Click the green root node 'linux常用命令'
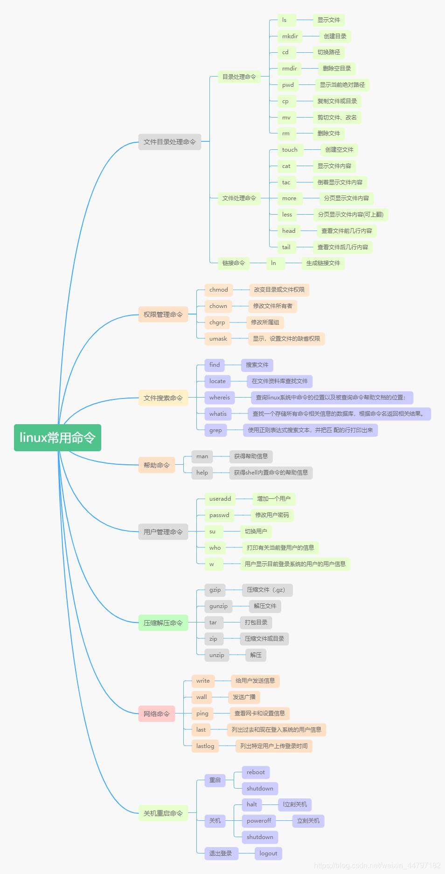[x=57, y=438]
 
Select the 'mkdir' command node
[x=290, y=36]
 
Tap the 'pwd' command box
[x=288, y=85]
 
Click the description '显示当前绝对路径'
[x=342, y=85]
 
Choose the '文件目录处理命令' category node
[x=169, y=142]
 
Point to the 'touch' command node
[x=290, y=150]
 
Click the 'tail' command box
[x=286, y=247]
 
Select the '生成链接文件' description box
[x=323, y=263]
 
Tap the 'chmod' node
[x=218, y=290]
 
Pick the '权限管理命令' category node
[x=163, y=315]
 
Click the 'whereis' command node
[x=219, y=398]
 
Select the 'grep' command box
[x=216, y=430]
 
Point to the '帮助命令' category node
[x=156, y=465]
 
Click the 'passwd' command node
[x=219, y=515]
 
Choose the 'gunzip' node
[x=218, y=606]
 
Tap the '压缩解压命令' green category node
[x=163, y=623]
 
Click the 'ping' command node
[x=202, y=713]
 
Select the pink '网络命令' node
[x=156, y=714]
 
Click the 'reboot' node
[x=256, y=772]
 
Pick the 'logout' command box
[x=268, y=853]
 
